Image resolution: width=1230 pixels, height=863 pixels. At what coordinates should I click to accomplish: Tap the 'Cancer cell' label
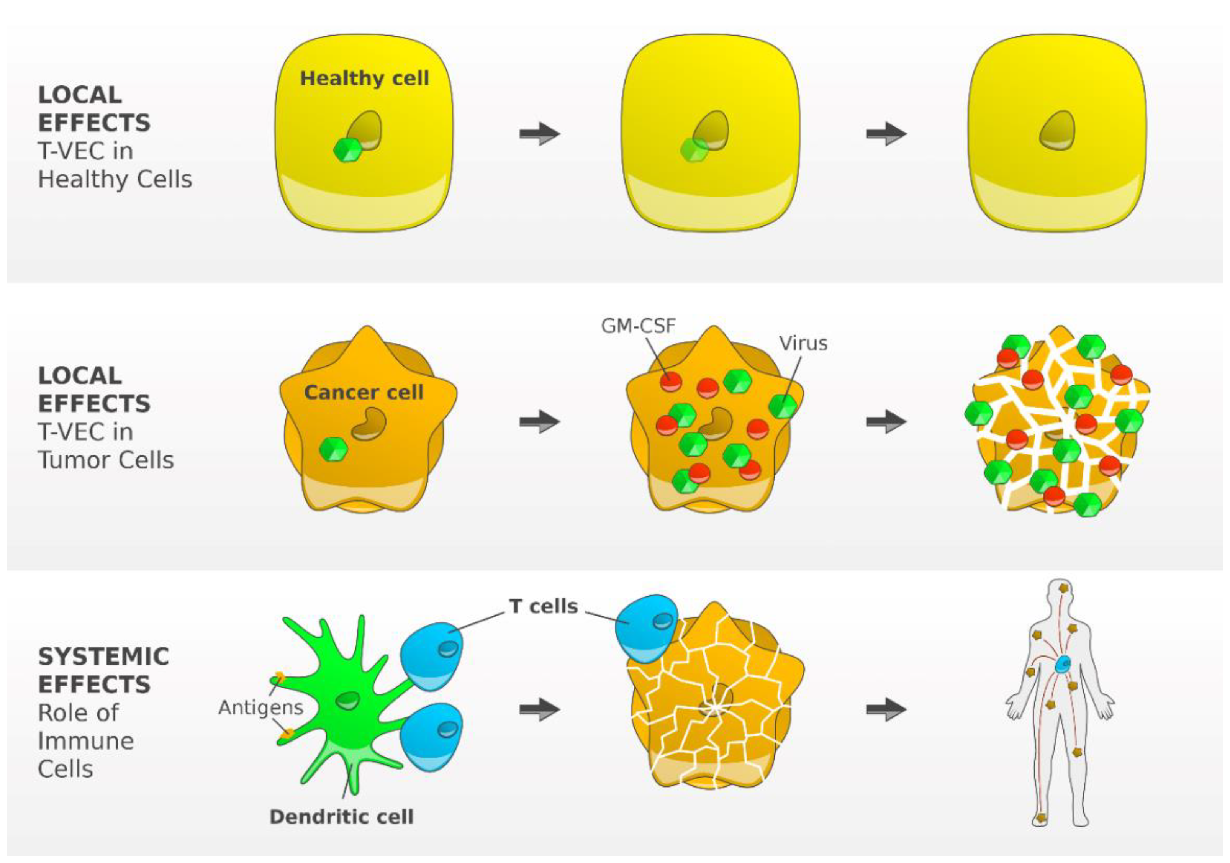coord(364,392)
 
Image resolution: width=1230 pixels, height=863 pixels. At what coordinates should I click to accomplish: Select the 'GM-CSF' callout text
coord(638,326)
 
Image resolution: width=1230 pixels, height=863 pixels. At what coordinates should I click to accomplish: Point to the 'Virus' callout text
coord(803,343)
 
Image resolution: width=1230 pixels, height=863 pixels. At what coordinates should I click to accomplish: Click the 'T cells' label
coord(544,606)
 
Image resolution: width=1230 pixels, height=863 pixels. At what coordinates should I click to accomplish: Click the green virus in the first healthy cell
coord(347,150)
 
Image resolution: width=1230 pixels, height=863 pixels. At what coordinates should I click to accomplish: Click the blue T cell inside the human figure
coord(1063,665)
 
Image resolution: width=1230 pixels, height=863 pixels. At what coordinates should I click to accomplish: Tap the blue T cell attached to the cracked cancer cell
coord(645,627)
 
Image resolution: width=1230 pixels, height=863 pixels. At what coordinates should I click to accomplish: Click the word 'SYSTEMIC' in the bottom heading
coord(103,656)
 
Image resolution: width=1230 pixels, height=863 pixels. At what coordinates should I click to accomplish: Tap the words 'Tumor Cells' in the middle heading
coord(106,460)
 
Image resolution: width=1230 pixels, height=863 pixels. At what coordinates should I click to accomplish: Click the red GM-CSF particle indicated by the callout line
coord(671,382)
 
